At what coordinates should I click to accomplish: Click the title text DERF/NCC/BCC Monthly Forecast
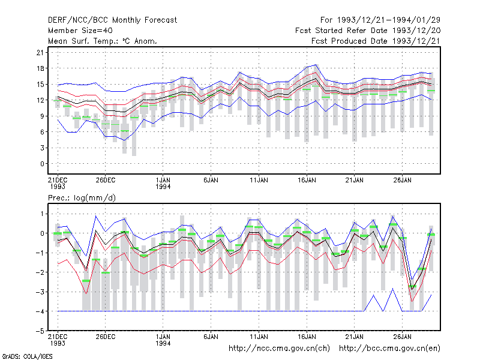point(112,20)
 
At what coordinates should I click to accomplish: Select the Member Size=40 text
point(80,31)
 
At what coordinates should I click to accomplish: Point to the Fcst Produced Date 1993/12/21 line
point(376,41)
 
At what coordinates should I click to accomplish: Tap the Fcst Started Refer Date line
point(368,31)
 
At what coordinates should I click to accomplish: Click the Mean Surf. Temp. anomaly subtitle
point(103,41)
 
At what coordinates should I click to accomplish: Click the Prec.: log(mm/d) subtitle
point(82,198)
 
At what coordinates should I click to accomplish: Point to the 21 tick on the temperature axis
point(40,53)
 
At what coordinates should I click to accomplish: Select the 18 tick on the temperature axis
point(40,68)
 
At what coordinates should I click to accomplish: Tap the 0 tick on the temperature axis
point(42,164)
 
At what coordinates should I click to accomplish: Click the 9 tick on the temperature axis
point(42,116)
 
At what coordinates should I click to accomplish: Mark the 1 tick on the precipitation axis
point(42,214)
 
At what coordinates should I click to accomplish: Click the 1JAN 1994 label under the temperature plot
point(163,184)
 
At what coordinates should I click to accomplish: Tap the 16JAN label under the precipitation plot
point(307,337)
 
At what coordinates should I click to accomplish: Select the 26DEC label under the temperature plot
point(106,181)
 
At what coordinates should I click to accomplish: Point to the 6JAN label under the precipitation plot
point(211,337)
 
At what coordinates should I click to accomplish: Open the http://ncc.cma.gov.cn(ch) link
point(280,349)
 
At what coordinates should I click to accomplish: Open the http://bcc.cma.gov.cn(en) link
point(389,349)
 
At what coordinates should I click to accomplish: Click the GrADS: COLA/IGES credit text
point(28,356)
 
